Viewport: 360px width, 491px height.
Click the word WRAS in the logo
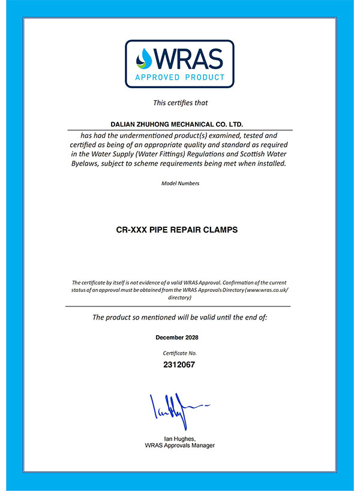187,58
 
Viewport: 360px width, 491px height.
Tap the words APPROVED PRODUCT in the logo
180,77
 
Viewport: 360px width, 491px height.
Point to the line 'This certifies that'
180,103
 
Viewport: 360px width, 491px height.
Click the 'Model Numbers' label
180,183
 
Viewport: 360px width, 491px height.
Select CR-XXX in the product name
129,229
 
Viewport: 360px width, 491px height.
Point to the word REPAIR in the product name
191,229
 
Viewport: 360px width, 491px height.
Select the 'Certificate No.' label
180,353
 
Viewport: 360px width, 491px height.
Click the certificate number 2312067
180,364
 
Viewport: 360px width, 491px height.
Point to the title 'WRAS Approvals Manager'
180,446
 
